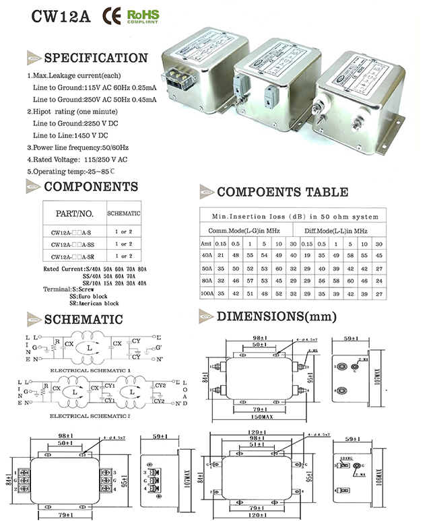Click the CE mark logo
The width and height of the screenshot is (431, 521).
(x=111, y=15)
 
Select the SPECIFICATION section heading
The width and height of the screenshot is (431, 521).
(x=95, y=58)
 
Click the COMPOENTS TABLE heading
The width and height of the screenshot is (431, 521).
(x=282, y=193)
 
